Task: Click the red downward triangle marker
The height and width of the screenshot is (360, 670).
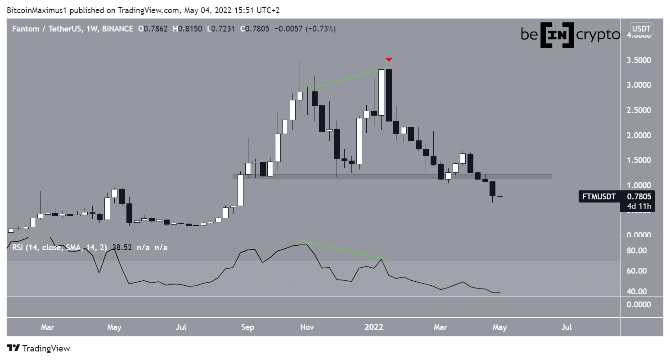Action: click(x=389, y=59)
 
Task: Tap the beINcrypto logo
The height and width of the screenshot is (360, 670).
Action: click(x=570, y=35)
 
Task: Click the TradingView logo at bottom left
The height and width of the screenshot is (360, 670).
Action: click(x=38, y=348)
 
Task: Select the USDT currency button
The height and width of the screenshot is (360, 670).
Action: click(x=641, y=29)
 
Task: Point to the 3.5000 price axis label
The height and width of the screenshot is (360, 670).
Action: click(x=636, y=60)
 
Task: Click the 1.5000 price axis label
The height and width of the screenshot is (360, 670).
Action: click(x=636, y=161)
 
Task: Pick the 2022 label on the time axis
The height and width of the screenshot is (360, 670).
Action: click(x=374, y=327)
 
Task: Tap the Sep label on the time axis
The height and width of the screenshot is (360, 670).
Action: click(x=247, y=327)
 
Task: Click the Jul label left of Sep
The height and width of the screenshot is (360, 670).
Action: click(x=181, y=327)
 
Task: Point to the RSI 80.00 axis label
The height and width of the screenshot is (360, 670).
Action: click(x=636, y=251)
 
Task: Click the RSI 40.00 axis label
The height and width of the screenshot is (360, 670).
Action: click(x=636, y=292)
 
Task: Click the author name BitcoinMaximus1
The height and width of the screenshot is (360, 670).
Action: click(x=36, y=10)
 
